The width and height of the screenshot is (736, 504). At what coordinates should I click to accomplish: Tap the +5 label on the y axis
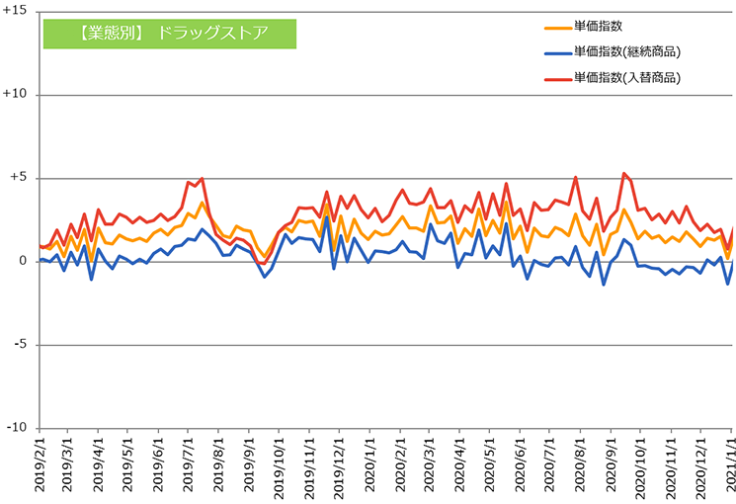pos(18,177)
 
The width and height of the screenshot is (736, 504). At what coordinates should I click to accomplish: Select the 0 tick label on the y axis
pos(23,261)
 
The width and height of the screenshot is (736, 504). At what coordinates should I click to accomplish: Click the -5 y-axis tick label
pos(20,344)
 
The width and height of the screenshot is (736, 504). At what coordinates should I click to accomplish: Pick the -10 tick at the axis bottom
pos(17,428)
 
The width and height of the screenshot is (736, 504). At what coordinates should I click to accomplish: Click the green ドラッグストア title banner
pos(170,34)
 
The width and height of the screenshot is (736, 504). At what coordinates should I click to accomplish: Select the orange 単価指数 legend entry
pos(584,27)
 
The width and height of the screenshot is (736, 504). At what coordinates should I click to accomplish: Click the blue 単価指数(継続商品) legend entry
pos(613,51)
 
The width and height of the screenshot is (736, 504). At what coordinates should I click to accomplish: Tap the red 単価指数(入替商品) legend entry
pos(613,77)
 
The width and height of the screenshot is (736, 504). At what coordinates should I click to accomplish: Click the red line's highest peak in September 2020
pos(623,173)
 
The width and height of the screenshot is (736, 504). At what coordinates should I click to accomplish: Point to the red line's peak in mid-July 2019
pos(202,179)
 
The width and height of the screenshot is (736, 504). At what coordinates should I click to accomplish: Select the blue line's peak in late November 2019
pos(327,217)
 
